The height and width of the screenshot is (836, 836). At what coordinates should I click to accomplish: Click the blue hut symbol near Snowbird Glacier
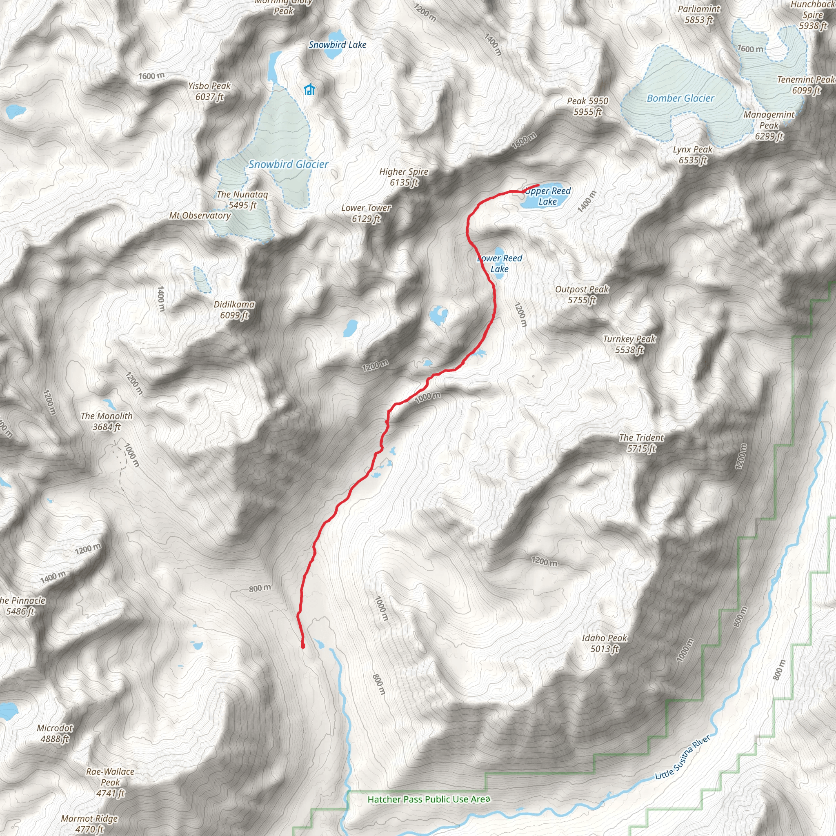click(309, 89)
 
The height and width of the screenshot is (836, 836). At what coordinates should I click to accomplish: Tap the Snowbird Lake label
click(337, 44)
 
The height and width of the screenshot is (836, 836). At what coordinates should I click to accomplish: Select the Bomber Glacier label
click(680, 99)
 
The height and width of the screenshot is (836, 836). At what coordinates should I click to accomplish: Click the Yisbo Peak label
click(209, 91)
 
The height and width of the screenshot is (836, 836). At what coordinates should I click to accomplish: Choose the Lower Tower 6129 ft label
click(366, 213)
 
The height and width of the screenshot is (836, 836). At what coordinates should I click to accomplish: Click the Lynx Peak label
click(692, 155)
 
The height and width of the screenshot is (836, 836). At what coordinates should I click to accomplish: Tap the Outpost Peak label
click(582, 295)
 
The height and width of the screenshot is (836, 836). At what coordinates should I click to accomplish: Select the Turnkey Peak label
click(629, 345)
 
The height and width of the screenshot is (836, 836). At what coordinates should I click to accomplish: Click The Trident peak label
click(641, 443)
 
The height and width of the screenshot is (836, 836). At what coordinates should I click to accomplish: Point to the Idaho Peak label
click(604, 643)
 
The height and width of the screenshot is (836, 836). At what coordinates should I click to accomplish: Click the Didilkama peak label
click(234, 310)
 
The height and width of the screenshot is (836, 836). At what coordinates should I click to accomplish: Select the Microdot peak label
click(55, 734)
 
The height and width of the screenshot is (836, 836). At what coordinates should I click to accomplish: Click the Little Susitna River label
click(683, 757)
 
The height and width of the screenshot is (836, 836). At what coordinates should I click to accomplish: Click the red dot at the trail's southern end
click(303, 646)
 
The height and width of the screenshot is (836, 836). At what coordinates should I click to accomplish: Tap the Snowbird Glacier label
click(288, 165)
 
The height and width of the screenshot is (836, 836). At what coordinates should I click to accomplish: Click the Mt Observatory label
click(200, 216)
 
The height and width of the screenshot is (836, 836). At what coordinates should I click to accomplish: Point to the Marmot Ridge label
click(89, 824)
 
